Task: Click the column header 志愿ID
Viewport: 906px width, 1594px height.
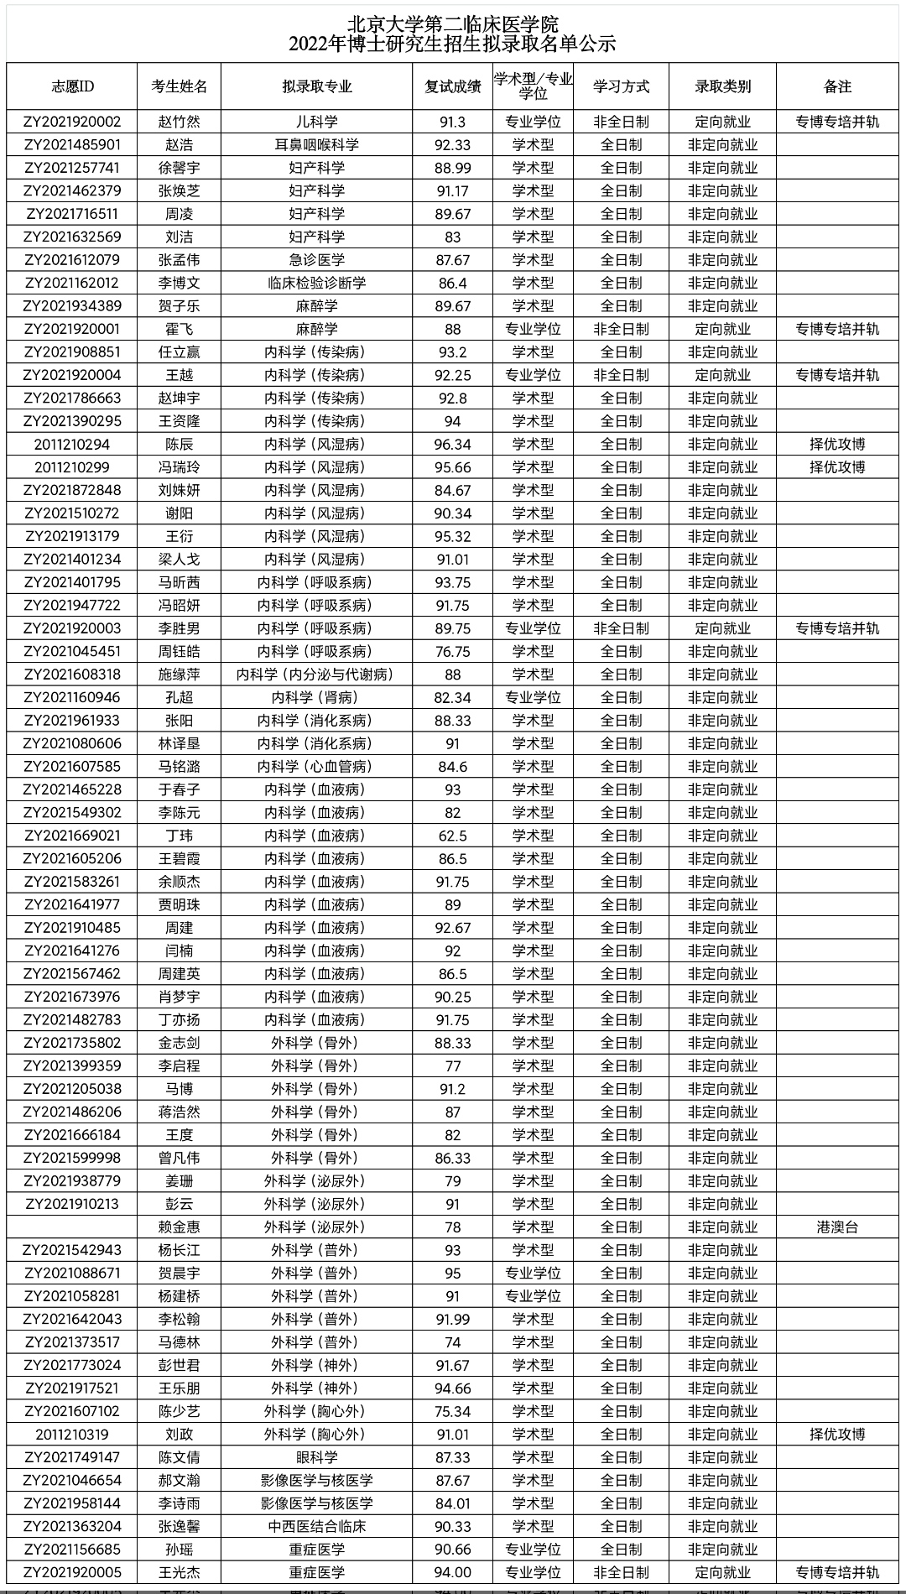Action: pos(72,86)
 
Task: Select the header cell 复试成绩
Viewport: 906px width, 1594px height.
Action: pos(453,86)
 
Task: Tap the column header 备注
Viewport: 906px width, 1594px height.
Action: pos(837,86)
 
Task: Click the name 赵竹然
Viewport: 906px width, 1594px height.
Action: pos(180,122)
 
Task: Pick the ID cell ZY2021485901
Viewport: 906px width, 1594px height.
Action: pos(72,145)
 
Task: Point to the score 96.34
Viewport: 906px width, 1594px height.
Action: pos(453,445)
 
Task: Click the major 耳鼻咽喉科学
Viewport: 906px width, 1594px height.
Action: pos(317,145)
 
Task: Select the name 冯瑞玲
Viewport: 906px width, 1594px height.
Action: pos(180,467)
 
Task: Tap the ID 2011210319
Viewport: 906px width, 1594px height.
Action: pos(72,1435)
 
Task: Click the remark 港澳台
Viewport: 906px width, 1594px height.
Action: pos(837,1227)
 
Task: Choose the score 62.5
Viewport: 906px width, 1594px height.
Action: pos(453,836)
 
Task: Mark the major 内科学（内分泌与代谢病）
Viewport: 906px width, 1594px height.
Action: pos(315,675)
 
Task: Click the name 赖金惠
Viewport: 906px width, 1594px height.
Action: pos(180,1227)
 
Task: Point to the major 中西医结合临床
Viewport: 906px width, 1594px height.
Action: pos(317,1526)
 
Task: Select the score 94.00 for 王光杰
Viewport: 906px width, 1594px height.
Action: pos(453,1572)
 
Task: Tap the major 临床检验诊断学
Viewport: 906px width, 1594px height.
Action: pos(317,284)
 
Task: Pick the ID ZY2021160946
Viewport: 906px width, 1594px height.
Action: pos(72,697)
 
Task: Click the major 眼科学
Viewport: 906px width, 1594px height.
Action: pos(317,1457)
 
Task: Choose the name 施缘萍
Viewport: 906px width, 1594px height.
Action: pos(180,675)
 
